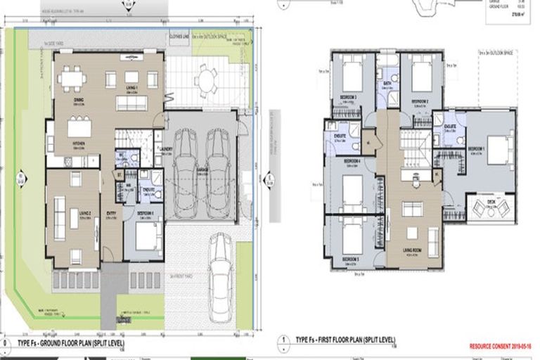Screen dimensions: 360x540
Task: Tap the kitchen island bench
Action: (x=79, y=128)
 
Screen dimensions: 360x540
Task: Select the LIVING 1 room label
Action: (x=131, y=88)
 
